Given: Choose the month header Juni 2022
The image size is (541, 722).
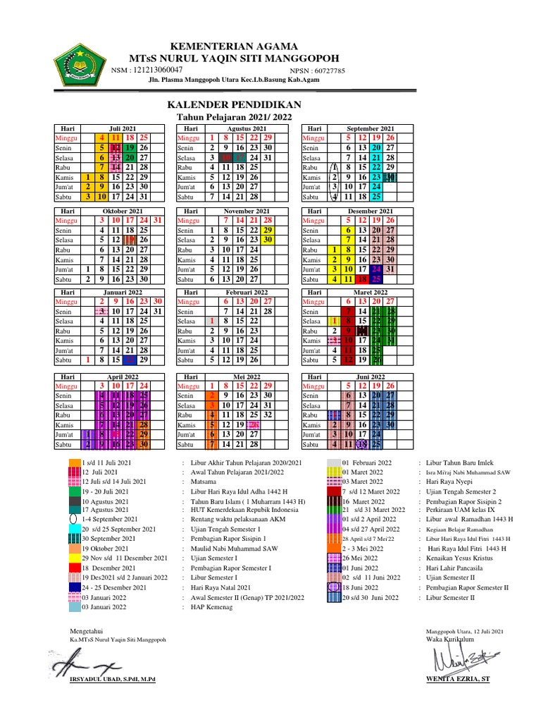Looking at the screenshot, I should [x=370, y=377].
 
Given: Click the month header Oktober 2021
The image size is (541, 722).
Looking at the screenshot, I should [x=122, y=211].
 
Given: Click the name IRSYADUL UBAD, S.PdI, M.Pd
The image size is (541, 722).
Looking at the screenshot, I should [x=113, y=679].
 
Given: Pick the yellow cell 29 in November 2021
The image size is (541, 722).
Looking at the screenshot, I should [x=267, y=230].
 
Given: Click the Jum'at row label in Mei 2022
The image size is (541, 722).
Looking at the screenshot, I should [x=187, y=435].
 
